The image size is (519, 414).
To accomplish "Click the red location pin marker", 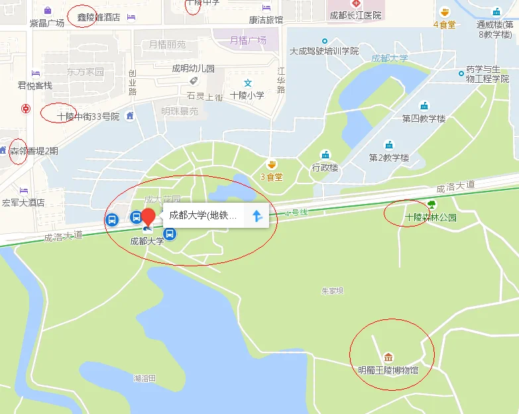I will pos(149,217).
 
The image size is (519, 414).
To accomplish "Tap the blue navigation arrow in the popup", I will pos(257,215).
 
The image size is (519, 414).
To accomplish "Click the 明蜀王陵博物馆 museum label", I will pos(388,370).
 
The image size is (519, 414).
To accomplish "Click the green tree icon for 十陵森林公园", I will pos(432,205).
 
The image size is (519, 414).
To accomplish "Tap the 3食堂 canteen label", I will pos(271,177).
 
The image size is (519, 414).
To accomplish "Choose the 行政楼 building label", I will pos(325,168).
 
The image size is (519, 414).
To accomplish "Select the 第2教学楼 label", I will pos(389,158).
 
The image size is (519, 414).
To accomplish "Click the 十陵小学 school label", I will pos(247,95).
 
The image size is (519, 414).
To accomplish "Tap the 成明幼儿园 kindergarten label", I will pos(194,68).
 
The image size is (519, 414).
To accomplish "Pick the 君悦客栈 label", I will pos(35,85).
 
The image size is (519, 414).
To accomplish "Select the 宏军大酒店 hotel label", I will pos(23,203).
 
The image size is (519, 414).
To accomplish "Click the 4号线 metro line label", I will pos(295,213).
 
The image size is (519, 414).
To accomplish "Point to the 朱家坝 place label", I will pos(331,290).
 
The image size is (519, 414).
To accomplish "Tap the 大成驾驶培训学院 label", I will pos(324,51).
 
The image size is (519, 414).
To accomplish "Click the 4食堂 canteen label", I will pos(444,25).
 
